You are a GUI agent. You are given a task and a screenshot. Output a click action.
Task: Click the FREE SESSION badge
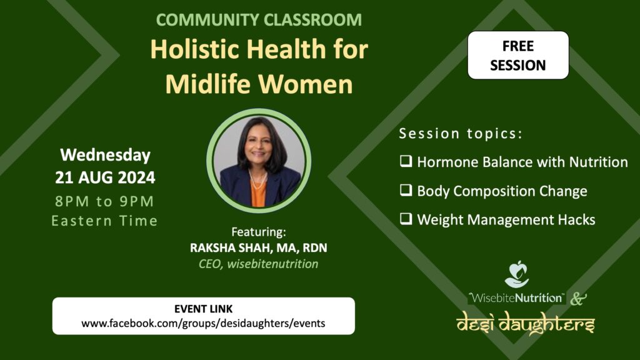coord(518,55)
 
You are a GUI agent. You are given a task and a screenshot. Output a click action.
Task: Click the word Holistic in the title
coord(194,49)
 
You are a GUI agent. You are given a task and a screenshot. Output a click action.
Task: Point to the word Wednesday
coord(105,155)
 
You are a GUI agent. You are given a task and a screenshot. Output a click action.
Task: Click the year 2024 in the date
coord(136,177)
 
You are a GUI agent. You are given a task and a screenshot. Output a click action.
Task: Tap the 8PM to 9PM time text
coord(104,201)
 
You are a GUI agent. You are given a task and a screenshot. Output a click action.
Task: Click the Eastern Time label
coord(104,221)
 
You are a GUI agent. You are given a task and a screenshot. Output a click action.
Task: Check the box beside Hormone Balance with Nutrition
coord(406,161)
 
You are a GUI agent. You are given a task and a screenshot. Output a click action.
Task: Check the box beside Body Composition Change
coord(406,190)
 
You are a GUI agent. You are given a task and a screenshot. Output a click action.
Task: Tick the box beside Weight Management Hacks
coord(406,219)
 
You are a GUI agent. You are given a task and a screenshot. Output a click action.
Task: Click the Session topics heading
coord(461,134)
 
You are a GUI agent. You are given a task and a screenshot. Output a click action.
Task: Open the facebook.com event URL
coord(203,323)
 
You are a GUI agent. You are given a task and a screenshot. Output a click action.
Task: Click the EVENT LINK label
coord(203,309)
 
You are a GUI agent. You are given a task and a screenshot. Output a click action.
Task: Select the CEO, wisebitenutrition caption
coord(258,264)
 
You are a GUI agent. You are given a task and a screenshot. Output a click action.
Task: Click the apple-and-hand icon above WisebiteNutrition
coord(517,275)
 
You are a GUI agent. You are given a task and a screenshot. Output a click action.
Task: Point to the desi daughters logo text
coord(526,322)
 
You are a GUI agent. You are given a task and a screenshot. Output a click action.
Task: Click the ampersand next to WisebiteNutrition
coord(578,298)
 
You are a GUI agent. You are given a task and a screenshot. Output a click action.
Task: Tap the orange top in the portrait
coord(258,194)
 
